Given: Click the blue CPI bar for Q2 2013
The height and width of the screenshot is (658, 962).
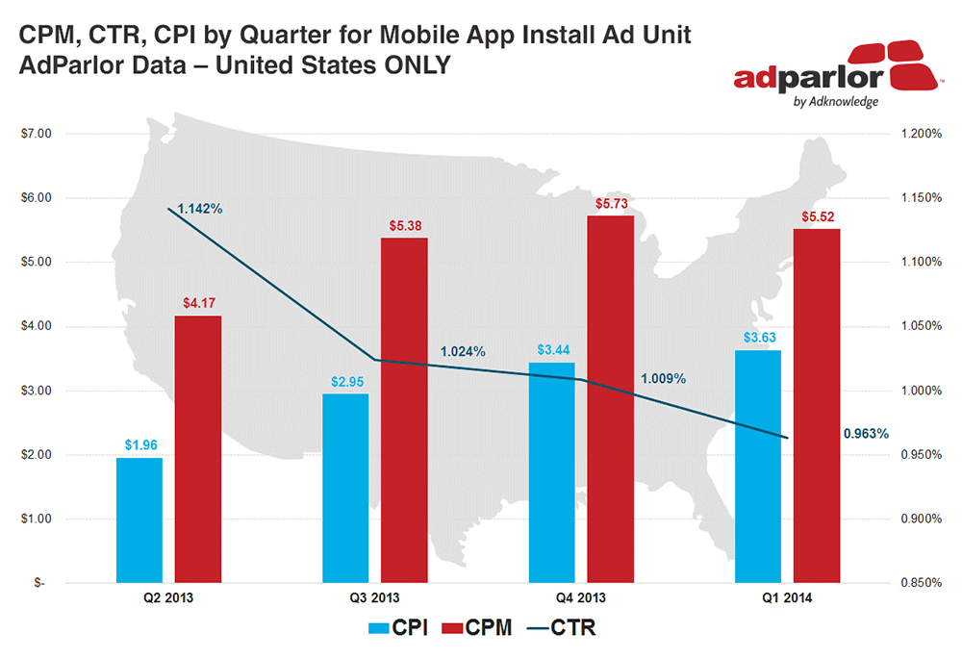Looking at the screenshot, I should (139, 519).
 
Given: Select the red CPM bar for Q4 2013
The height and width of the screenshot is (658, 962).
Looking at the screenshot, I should (611, 399).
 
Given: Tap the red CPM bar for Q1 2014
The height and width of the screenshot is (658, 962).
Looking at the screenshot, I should (817, 405).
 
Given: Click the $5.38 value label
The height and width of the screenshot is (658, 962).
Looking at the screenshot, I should (404, 227).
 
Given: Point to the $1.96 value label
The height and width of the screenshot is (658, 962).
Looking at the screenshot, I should (139, 445).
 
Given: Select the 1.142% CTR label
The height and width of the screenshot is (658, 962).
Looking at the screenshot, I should (200, 209).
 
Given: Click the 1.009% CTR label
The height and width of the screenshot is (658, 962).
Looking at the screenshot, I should (663, 379).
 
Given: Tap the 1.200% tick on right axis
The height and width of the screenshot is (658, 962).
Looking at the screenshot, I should (920, 134).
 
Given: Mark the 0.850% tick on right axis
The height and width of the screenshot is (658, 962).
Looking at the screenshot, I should (920, 583).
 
